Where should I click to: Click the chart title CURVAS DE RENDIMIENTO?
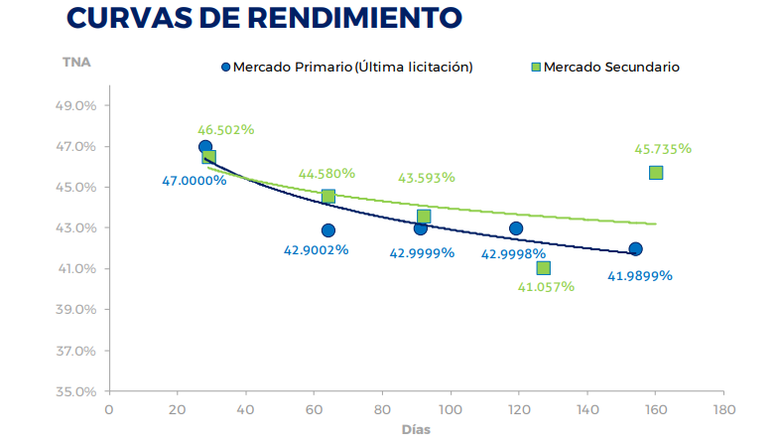pyautogui.click(x=264, y=18)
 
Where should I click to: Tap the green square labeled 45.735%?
pyautogui.click(x=656, y=173)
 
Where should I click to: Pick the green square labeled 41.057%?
pyautogui.click(x=543, y=268)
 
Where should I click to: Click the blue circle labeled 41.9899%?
pyautogui.click(x=635, y=249)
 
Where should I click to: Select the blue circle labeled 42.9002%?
pyautogui.click(x=328, y=230)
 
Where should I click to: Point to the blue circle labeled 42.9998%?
pyautogui.click(x=516, y=228)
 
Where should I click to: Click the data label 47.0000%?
pyautogui.click(x=195, y=181)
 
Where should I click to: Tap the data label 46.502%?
pyautogui.click(x=225, y=129)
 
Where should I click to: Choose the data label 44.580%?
pyautogui.click(x=326, y=174)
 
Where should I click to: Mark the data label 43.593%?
pyautogui.click(x=427, y=178)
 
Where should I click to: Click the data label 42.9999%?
pyautogui.click(x=422, y=252)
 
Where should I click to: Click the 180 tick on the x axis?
pyautogui.click(x=724, y=408)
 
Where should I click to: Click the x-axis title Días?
pyautogui.click(x=416, y=430)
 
